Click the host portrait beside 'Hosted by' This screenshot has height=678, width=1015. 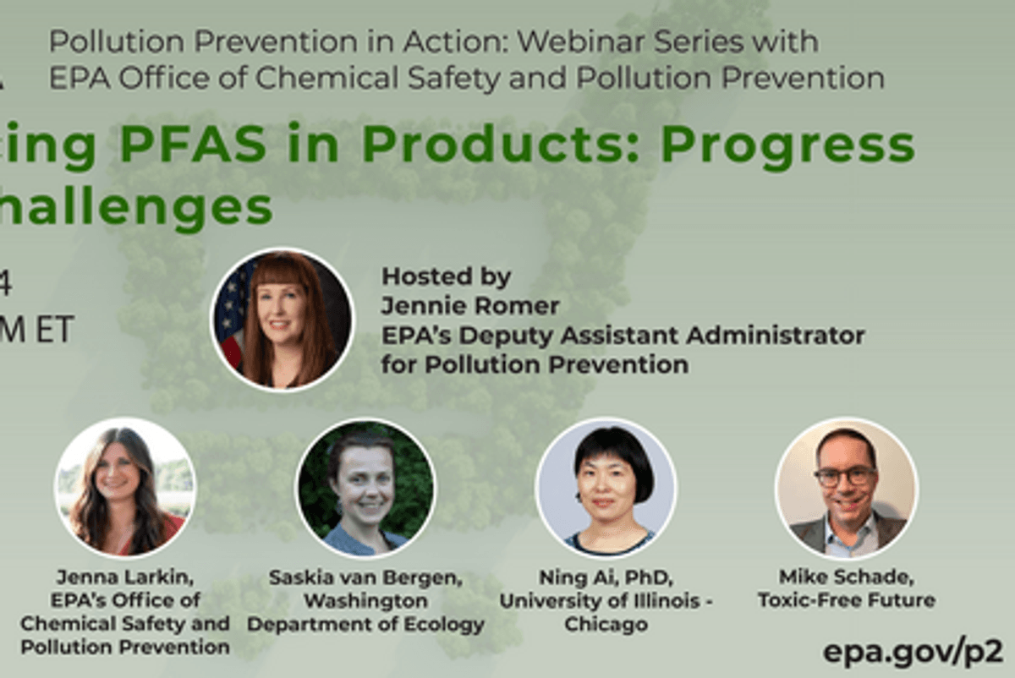pos(282,320)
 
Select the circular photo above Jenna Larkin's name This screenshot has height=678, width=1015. pos(124,488)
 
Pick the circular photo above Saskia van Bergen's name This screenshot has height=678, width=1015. pos(365,489)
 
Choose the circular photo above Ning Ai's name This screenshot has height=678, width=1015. pos(606,489)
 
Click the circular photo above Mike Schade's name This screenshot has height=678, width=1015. pos(846,489)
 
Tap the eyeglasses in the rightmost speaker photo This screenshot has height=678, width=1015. pos(845,476)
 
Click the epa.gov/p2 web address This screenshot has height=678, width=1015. pos(913,651)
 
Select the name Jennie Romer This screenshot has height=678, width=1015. pos(470,305)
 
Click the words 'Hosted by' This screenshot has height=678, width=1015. pos(446,276)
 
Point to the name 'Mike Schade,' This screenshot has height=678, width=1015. pos(846,577)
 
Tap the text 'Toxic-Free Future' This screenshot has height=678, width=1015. pos(846,600)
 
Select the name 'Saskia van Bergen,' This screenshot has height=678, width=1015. pos(365,577)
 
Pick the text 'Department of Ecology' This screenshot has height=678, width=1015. pos(365,625)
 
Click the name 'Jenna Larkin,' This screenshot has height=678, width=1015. pos(124,577)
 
